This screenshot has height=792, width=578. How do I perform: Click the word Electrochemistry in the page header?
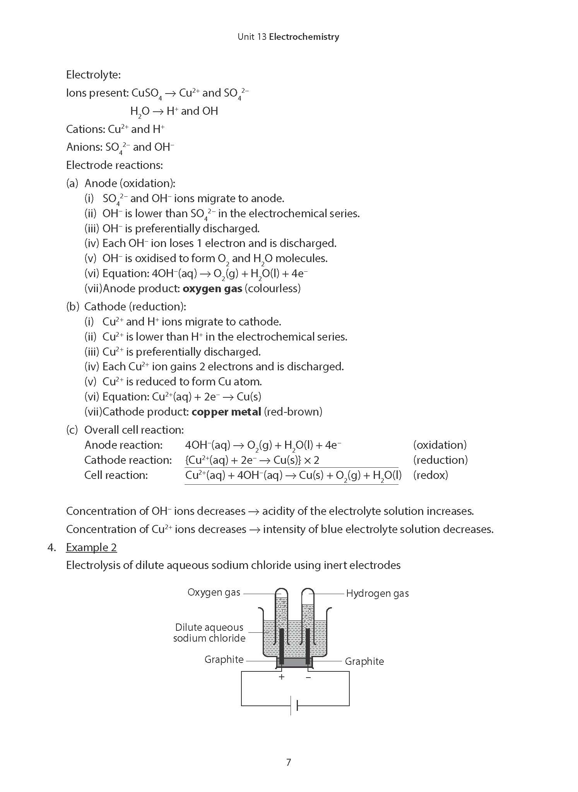point(304,37)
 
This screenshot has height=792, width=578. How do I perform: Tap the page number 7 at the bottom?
point(288,762)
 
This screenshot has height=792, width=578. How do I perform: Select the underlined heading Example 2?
point(91,547)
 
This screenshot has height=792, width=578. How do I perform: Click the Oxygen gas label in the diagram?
point(214,592)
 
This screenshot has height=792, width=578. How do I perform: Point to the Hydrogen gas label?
point(377,593)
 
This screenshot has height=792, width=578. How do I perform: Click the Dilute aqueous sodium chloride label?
point(209,632)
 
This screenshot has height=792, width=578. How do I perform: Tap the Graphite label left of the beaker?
point(224,659)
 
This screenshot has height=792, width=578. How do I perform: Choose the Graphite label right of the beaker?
point(364,661)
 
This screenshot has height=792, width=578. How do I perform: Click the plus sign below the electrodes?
point(282,677)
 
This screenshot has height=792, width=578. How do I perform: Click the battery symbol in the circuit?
point(294,706)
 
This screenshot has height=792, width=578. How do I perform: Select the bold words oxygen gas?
point(212,288)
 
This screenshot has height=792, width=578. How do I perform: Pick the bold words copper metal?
point(226,412)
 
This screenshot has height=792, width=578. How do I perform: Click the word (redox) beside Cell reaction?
point(430,475)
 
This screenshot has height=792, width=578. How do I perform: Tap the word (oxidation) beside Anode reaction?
point(440,445)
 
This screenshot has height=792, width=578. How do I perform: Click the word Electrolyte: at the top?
point(93,75)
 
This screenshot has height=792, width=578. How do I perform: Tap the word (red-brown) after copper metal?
point(293,412)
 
